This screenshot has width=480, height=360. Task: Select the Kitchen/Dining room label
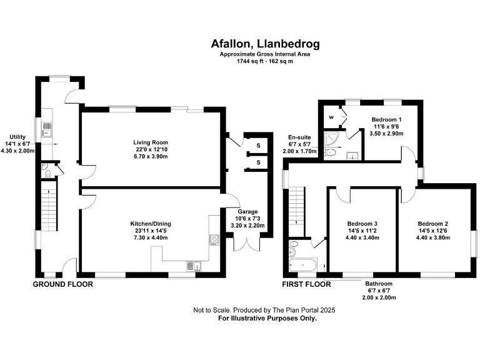(150, 224)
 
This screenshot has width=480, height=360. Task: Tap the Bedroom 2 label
(433, 224)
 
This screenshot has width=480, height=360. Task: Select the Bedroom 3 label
(362, 224)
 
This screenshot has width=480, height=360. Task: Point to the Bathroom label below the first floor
(379, 283)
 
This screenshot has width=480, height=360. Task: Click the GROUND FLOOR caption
(62, 284)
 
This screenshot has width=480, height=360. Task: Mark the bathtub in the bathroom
(304, 266)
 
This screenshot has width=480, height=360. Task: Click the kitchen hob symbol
(214, 239)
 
